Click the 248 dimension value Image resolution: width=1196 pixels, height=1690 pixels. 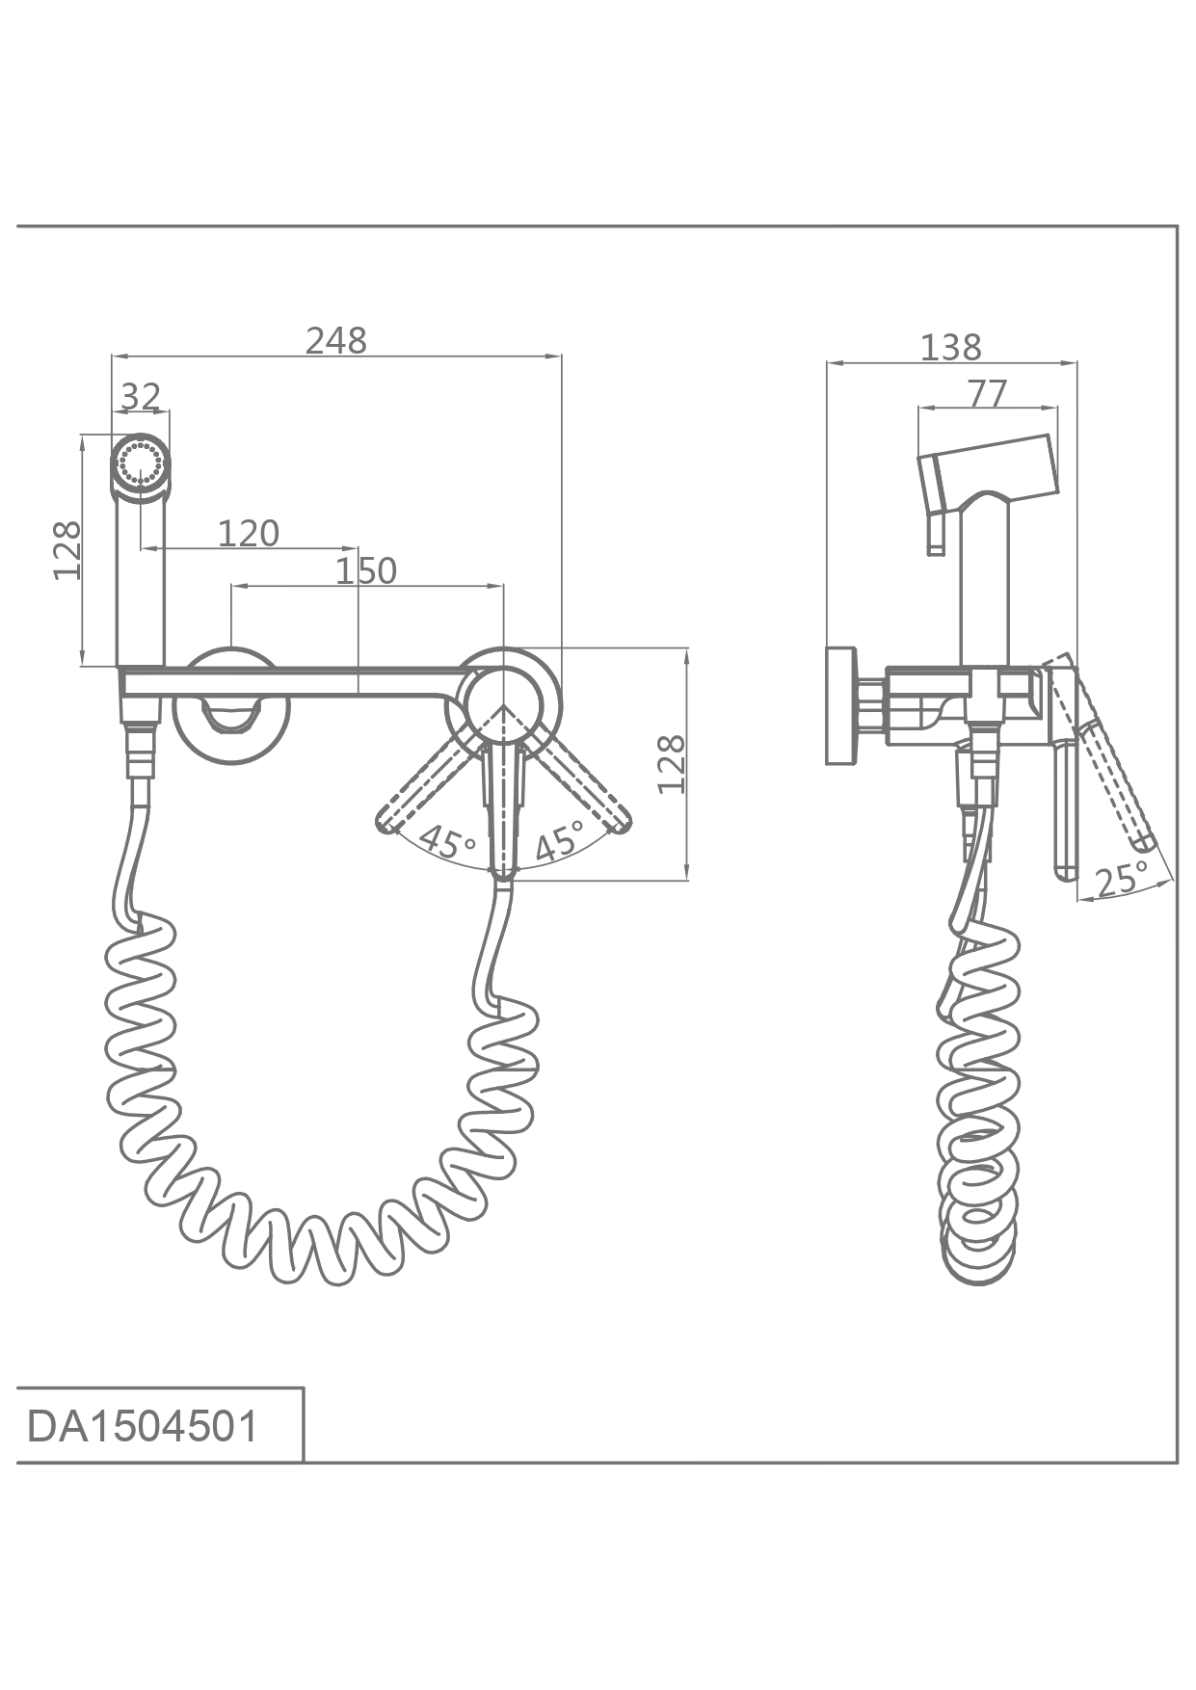pos(336,341)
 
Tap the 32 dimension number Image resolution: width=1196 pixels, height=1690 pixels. pos(141,396)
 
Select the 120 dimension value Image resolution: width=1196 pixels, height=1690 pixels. pos(249,533)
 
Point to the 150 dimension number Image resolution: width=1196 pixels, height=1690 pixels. pos(366,571)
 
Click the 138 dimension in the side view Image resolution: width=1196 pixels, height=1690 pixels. pos(951,347)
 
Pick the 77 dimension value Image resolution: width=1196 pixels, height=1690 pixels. pos(987,393)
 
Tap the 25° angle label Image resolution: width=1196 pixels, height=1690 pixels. pos(1123,880)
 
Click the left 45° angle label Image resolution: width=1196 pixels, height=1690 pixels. pos(447,842)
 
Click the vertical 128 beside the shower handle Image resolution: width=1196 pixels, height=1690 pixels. pos(66,550)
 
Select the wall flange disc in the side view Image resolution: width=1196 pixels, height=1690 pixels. pos(841,705)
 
